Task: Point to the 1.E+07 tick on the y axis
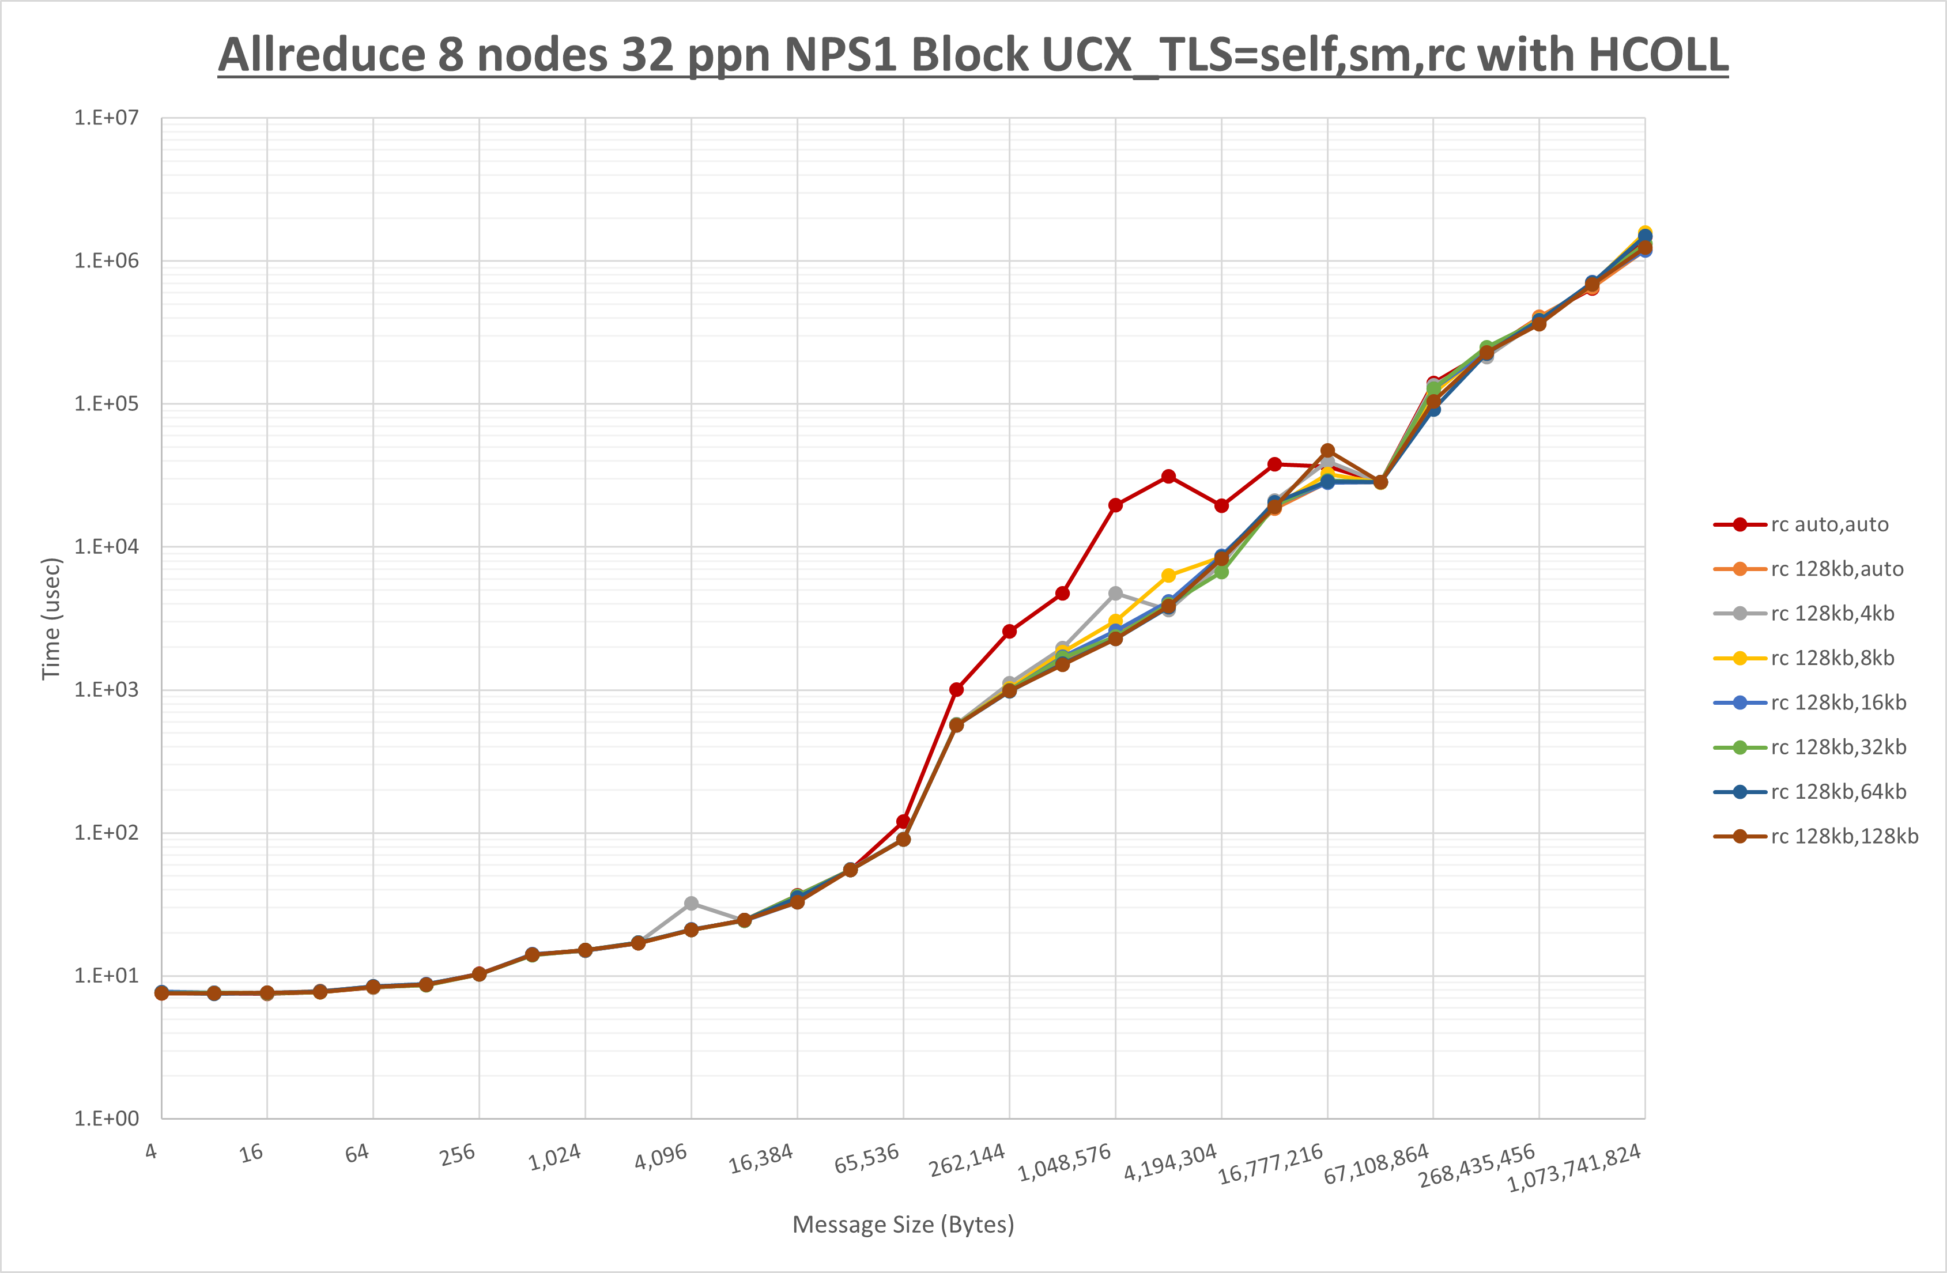(x=107, y=118)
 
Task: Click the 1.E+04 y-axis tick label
(x=107, y=546)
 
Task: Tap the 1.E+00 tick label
(x=107, y=1119)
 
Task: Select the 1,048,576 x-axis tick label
(x=1065, y=1162)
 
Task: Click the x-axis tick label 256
(x=456, y=1154)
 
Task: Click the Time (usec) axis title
(x=51, y=618)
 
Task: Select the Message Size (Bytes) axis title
(x=903, y=1225)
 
